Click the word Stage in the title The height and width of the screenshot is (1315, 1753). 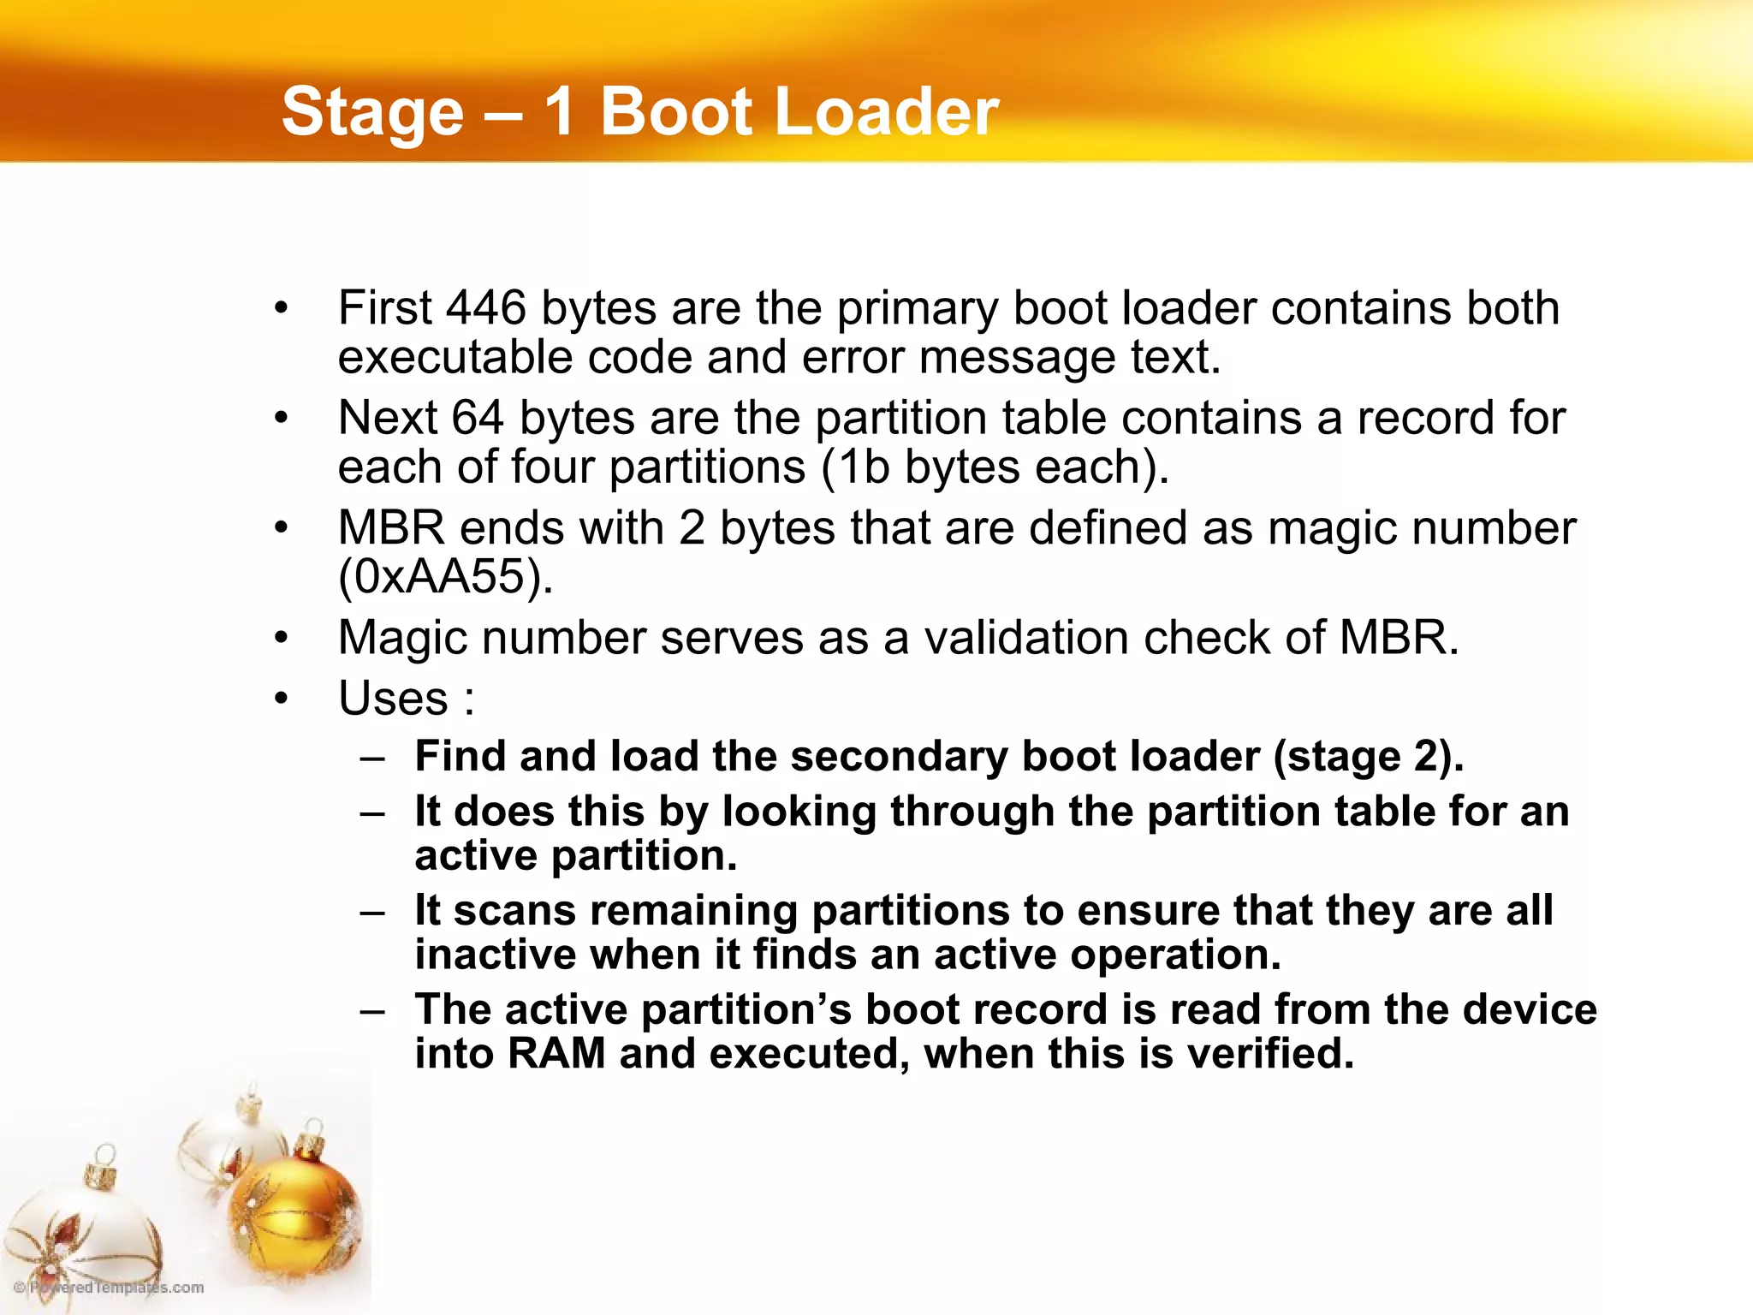pyautogui.click(x=372, y=112)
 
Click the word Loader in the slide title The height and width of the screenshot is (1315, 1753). pyautogui.click(x=886, y=112)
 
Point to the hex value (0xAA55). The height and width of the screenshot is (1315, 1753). pyautogui.click(x=445, y=576)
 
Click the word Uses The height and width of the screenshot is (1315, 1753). pyautogui.click(x=393, y=698)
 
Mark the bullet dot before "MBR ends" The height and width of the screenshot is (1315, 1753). pyautogui.click(x=282, y=528)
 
